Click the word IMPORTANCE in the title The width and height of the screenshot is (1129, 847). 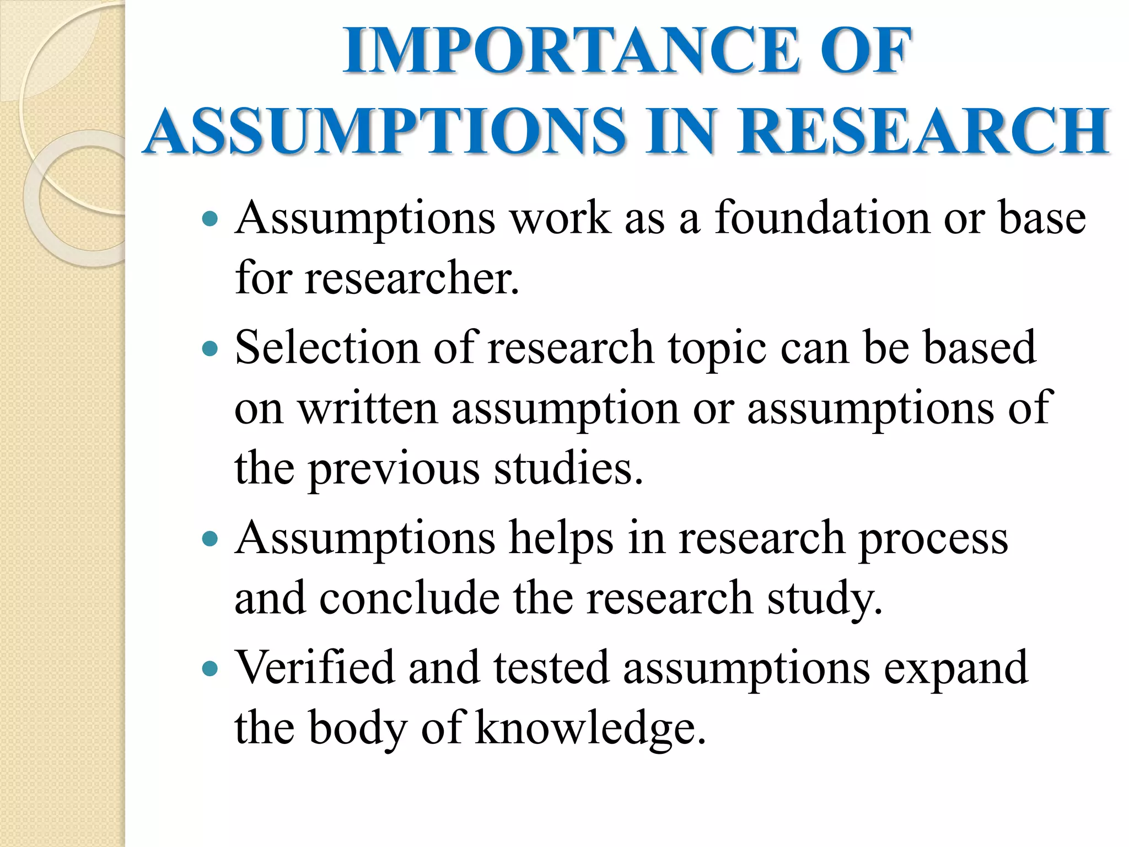click(573, 51)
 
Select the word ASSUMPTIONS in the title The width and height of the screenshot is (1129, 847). click(386, 131)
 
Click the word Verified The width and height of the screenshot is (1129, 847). click(315, 667)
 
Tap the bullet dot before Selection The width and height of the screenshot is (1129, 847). click(210, 349)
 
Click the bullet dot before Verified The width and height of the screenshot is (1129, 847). click(210, 669)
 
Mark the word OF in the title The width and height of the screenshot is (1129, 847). click(865, 51)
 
